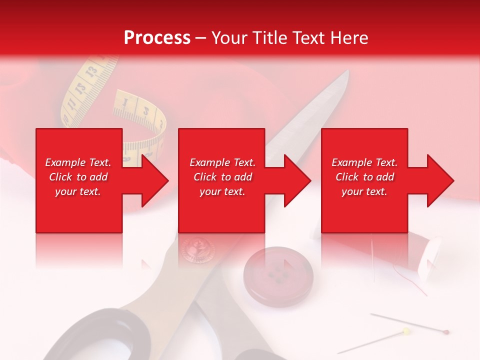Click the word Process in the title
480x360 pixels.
(157, 38)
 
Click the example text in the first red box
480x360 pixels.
(78, 177)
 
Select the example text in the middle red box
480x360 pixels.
(222, 177)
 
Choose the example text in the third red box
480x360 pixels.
(364, 177)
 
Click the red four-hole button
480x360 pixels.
(278, 275)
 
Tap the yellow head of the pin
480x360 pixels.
(406, 330)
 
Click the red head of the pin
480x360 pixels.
(446, 331)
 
